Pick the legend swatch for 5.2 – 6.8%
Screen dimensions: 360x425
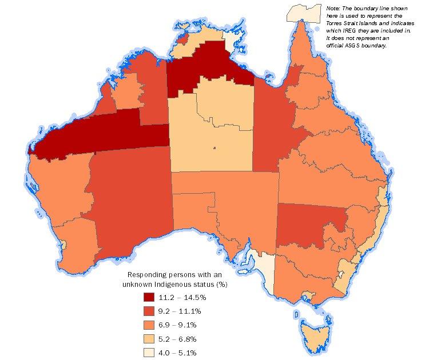coord(150,339)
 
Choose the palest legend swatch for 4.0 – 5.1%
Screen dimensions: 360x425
coord(150,353)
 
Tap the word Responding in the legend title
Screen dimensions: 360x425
coord(148,275)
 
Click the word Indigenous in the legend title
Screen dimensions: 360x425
coord(182,284)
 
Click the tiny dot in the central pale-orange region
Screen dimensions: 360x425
coord(215,149)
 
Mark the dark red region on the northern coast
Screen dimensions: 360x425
coord(206,71)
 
